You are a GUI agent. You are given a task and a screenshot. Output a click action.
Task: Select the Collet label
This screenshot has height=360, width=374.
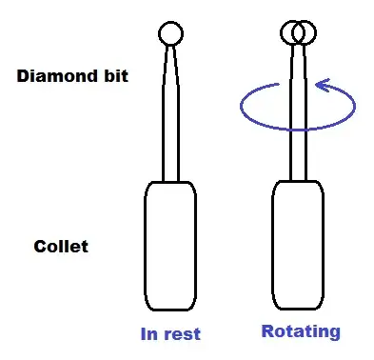click(x=61, y=247)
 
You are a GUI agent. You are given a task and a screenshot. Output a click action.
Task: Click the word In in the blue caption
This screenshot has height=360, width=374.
click(x=149, y=334)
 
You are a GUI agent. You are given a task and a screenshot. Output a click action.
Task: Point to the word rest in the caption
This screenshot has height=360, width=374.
click(x=182, y=334)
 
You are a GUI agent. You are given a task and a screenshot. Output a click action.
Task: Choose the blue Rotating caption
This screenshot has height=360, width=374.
click(x=301, y=331)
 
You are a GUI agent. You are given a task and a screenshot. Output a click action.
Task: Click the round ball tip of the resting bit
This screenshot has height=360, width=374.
click(x=170, y=34)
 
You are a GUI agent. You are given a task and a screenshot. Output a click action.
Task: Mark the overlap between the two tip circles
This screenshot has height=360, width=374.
click(x=298, y=33)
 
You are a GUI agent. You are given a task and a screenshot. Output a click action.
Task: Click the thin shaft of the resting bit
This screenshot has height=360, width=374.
click(x=170, y=124)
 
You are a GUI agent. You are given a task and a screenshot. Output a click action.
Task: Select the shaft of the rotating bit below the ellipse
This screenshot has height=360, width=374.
click(x=298, y=152)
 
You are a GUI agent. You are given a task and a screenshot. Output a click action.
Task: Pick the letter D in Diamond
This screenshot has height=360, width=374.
click(x=22, y=76)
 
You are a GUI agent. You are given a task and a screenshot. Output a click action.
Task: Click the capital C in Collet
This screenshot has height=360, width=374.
click(x=39, y=247)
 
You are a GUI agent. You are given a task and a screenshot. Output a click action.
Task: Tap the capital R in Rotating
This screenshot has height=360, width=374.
click(x=266, y=331)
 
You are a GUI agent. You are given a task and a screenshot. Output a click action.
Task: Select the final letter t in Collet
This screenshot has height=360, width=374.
click(x=85, y=247)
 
